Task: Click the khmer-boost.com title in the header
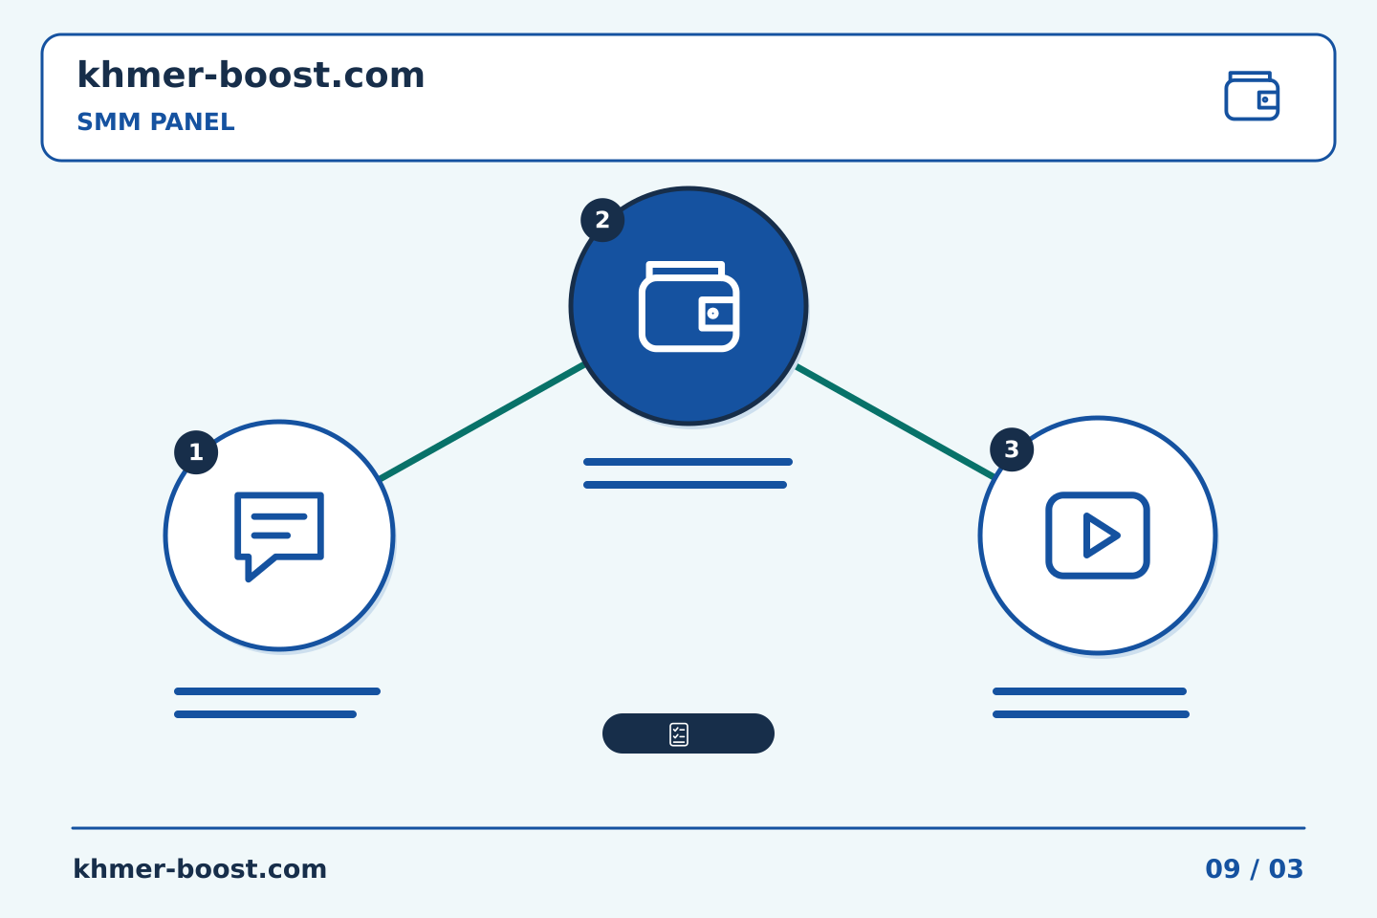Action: [x=251, y=75]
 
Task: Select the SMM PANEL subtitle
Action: [x=156, y=121]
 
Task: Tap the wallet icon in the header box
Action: [x=1252, y=96]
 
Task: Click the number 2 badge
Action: [x=602, y=220]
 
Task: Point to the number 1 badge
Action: [x=196, y=452]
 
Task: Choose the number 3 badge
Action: [x=1012, y=449]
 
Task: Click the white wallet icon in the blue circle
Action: [x=688, y=306]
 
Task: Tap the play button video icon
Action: [x=1098, y=535]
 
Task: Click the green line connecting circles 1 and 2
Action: [x=483, y=421]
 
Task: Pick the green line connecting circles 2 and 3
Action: [x=894, y=421]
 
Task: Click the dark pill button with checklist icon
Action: [x=688, y=732]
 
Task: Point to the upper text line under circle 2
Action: [x=688, y=462]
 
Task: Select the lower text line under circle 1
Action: [x=265, y=714]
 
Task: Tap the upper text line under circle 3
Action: [x=1089, y=691]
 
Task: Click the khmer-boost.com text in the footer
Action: [x=200, y=869]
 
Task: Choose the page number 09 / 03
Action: [x=1254, y=869]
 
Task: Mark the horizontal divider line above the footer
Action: [x=688, y=828]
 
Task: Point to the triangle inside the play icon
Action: [x=1099, y=535]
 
